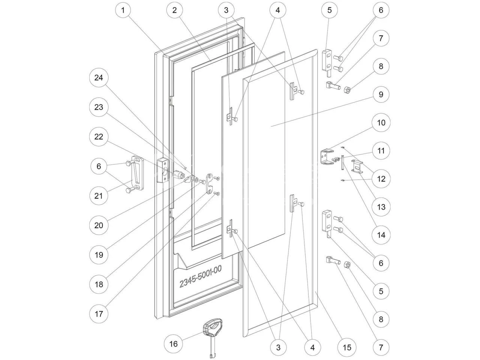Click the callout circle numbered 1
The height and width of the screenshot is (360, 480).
click(123, 10)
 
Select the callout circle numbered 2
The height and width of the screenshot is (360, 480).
click(174, 10)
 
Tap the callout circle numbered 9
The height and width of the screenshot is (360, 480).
click(381, 94)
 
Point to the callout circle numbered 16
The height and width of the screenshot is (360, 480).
click(175, 343)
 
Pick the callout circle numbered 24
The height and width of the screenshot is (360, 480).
click(99, 78)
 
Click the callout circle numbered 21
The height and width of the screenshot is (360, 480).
click(99, 196)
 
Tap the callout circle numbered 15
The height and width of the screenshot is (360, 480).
click(347, 348)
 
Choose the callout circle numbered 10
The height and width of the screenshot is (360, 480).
click(381, 123)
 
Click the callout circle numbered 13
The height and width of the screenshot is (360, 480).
click(381, 207)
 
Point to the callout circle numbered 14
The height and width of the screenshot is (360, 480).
click(381, 235)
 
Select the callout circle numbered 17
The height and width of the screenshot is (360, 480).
click(99, 313)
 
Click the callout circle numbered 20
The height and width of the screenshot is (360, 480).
click(99, 225)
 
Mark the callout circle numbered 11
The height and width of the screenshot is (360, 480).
click(381, 151)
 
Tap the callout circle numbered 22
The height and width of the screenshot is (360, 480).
click(99, 137)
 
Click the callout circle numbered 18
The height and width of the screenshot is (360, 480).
click(99, 284)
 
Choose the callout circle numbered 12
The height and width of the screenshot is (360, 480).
click(381, 179)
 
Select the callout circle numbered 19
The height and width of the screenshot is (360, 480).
click(99, 255)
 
